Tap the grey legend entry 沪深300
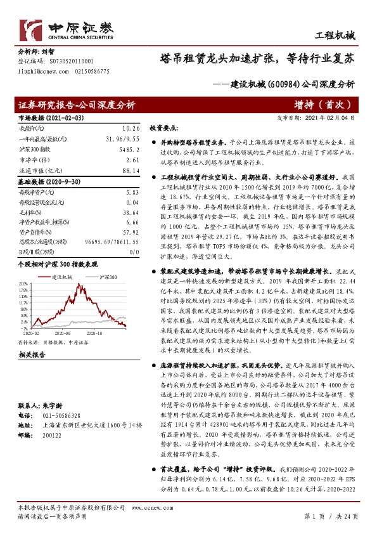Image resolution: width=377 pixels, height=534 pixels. pyautogui.click(x=108, y=277)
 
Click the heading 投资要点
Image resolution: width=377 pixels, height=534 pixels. pyautogui.click(x=165, y=127)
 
